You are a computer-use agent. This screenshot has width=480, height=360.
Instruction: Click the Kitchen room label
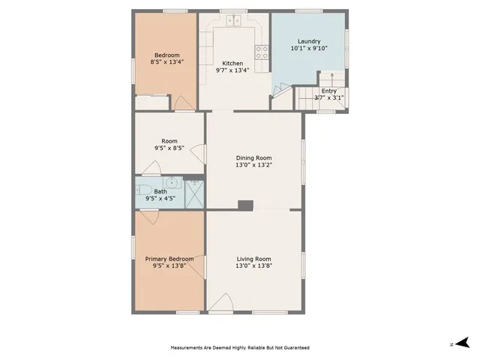tap(233, 63)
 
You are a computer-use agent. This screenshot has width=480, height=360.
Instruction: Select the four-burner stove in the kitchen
tap(262, 52)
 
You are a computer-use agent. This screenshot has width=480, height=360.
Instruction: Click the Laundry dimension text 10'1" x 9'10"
tap(309, 48)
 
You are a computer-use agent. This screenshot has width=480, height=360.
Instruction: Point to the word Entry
tap(328, 91)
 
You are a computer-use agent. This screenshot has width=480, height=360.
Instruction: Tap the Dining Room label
tap(253, 157)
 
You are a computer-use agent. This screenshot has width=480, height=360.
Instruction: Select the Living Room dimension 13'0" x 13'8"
tap(253, 265)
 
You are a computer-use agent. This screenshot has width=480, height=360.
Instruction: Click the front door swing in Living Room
tap(220, 303)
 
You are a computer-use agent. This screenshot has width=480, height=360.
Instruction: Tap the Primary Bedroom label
tap(169, 259)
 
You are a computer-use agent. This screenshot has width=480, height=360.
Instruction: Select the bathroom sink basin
tap(172, 181)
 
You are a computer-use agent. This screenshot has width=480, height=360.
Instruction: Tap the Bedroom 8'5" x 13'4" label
tap(166, 58)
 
